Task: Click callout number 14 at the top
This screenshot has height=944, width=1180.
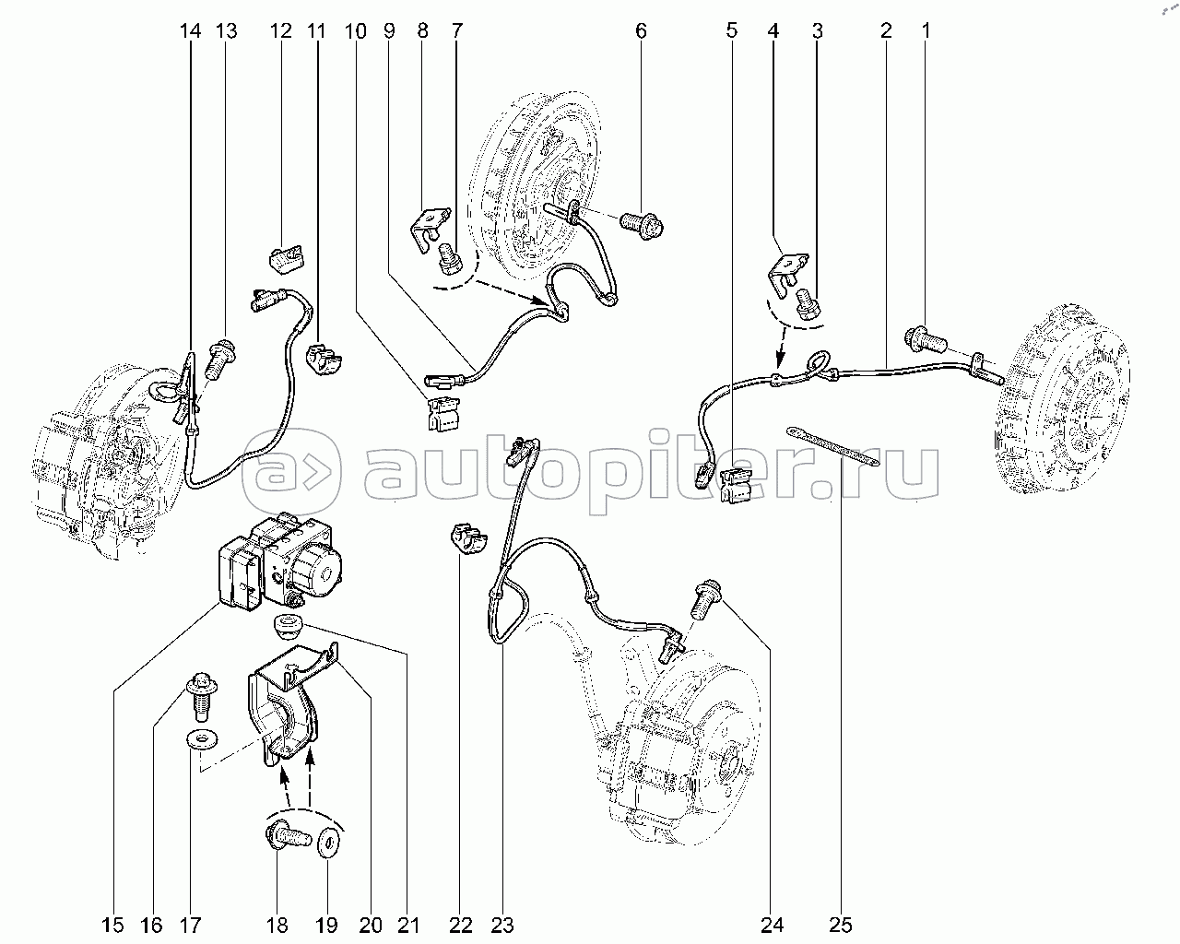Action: pyautogui.click(x=191, y=30)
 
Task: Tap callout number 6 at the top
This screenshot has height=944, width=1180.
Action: pyautogui.click(x=641, y=30)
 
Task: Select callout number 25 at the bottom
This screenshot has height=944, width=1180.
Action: pyautogui.click(x=841, y=926)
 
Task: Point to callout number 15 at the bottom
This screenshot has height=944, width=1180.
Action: pyautogui.click(x=113, y=926)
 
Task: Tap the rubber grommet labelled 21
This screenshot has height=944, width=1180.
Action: pyautogui.click(x=288, y=626)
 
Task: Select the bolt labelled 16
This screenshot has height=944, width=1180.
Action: pyautogui.click(x=202, y=698)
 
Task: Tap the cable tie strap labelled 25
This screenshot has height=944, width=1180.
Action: pyautogui.click(x=833, y=446)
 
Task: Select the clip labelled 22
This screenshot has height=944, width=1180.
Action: pyautogui.click(x=469, y=538)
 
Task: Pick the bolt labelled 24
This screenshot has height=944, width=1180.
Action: pyautogui.click(x=709, y=600)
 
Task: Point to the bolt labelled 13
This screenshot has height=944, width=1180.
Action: pyautogui.click(x=222, y=359)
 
